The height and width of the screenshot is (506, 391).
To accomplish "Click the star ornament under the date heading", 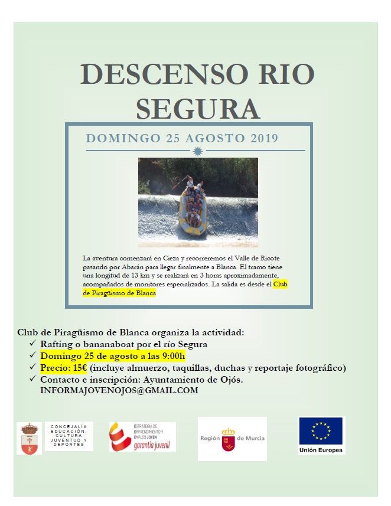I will pyautogui.click(x=198, y=152).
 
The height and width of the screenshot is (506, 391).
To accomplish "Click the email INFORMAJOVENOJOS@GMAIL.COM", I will pyautogui.click(x=119, y=391).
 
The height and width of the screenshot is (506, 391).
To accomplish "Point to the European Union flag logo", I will pyautogui.click(x=321, y=431).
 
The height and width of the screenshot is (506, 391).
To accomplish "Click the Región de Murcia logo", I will pyautogui.click(x=232, y=438).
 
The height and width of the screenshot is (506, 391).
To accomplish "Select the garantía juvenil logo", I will pyautogui.click(x=142, y=438).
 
